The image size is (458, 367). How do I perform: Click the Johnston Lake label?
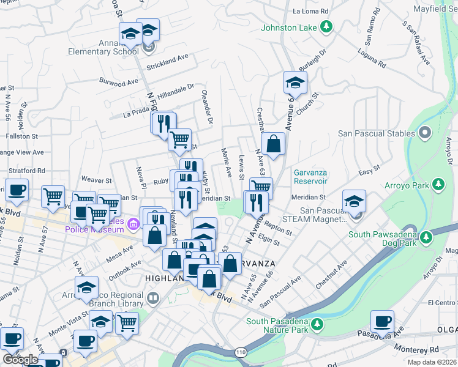click(289, 28)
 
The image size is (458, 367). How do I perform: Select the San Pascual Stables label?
click(377, 133)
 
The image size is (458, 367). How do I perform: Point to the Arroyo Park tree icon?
click(438, 183)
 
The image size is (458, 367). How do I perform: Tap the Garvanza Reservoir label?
click(310, 177)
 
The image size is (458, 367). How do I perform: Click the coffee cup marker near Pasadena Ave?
click(382, 321)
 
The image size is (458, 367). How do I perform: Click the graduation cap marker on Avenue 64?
click(295, 83)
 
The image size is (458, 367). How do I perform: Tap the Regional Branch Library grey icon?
click(153, 298)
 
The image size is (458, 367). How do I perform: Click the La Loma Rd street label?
click(311, 11)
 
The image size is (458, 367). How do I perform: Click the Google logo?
click(20, 360)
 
